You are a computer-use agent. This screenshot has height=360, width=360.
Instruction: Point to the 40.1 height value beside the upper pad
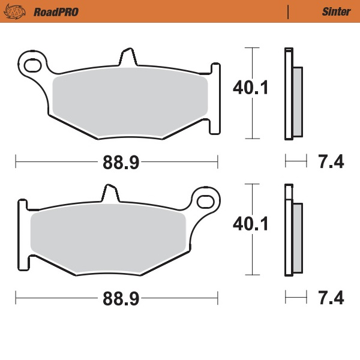pos(250,88)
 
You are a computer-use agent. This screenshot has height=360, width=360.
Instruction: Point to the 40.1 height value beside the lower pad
pos(250,224)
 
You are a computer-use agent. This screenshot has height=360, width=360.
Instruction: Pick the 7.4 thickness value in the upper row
pos(331,161)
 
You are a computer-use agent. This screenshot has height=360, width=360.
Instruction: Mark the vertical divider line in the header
pos(289,11)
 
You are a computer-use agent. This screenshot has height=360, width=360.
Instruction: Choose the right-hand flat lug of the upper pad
pos(215,96)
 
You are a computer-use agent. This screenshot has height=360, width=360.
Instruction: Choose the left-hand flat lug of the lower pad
pos(22,234)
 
